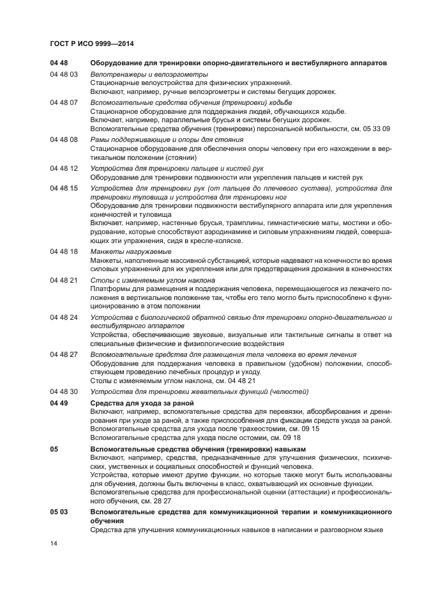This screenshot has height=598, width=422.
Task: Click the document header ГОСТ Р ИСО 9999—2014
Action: pos(91,43)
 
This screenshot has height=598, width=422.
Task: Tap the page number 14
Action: pos(54,543)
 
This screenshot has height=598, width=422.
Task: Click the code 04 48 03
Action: pos(64,75)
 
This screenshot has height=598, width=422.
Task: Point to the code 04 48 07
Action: pos(64,102)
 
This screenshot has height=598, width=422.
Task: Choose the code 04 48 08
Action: pos(64,139)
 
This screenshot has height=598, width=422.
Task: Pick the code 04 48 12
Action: pos(64,168)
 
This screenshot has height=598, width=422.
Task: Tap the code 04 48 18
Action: pos(64,252)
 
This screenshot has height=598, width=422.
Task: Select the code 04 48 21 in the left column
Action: pos(64,280)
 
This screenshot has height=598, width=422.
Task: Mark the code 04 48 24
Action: pos(64,317)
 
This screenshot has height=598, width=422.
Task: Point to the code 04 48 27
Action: pos(64,354)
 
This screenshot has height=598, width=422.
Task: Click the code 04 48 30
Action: pos(64,391)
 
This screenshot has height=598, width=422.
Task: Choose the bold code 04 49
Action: pos(59,403)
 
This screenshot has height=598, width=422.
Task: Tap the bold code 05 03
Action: pos(59,513)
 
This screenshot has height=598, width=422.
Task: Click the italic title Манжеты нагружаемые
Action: pos(122,252)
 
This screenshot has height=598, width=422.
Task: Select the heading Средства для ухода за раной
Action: pos(142,403)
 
